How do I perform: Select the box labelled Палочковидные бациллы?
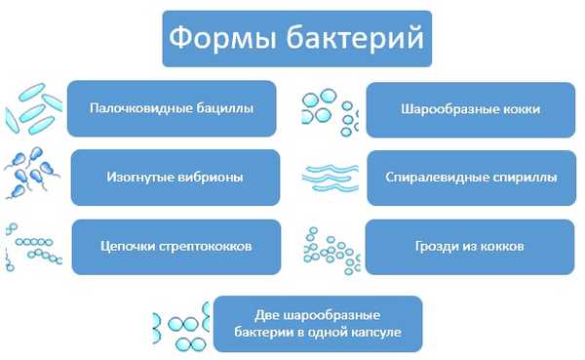[172, 108]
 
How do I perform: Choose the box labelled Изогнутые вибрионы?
[175, 178]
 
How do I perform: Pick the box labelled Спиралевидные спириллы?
[471, 178]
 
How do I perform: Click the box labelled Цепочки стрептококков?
[175, 247]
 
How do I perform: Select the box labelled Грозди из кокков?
[471, 247]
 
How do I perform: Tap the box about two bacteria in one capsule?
[318, 324]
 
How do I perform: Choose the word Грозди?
[436, 247]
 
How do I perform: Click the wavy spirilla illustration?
[329, 177]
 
